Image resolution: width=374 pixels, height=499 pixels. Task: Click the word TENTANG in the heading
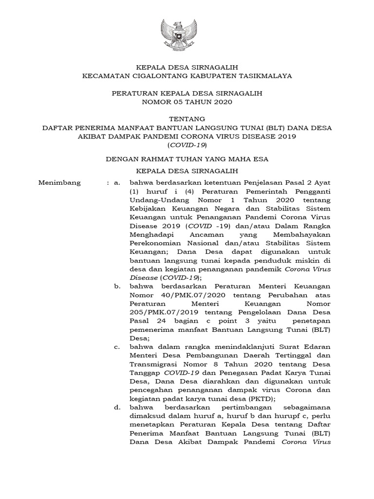coord(187,118)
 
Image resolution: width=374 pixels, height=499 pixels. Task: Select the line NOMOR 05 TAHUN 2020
coord(187,102)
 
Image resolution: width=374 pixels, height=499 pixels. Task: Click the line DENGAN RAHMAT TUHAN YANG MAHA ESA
coord(187,158)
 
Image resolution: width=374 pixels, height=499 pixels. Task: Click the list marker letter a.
coord(116,183)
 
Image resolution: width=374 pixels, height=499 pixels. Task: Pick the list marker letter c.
coord(116,346)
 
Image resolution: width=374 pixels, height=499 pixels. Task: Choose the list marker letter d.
coord(117,407)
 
